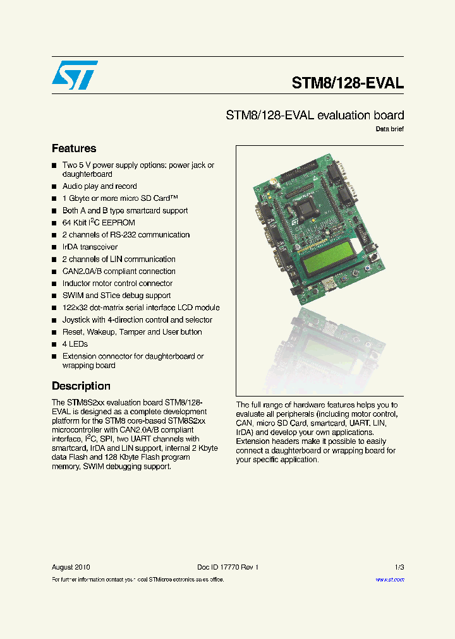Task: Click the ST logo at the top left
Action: (75, 75)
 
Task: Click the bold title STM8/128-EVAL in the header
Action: (347, 83)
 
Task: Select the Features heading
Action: (74, 149)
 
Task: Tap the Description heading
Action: (81, 386)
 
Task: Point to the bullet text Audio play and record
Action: (99, 186)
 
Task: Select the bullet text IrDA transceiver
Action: (90, 247)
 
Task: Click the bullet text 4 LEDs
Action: (75, 344)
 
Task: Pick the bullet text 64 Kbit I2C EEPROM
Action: (98, 223)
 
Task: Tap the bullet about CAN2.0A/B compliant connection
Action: (119, 272)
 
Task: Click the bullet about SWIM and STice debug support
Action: (116, 296)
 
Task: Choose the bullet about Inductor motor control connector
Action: (117, 284)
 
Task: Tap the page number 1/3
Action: (399, 567)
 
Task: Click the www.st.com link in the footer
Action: (389, 579)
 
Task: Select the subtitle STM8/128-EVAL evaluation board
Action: (315, 116)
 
